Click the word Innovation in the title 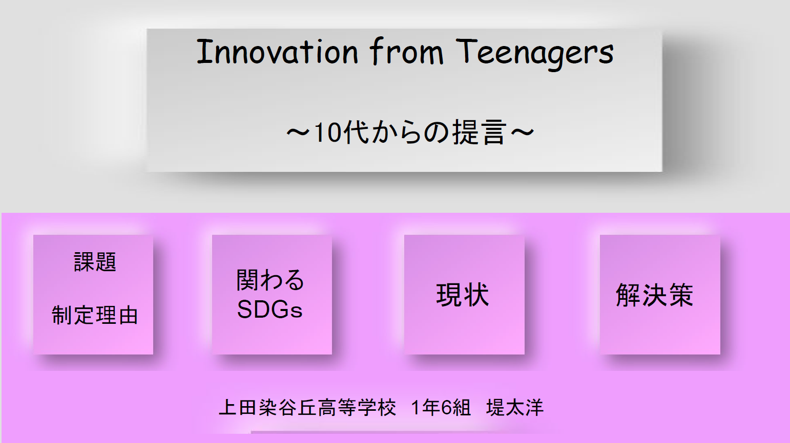[x=278, y=52]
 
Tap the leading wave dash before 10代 [x=298, y=133]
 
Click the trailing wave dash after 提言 [x=523, y=133]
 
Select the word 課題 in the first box [x=95, y=261]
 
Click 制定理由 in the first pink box [x=94, y=315]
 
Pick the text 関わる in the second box [x=271, y=280]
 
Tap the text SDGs [x=270, y=309]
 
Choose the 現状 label [x=463, y=294]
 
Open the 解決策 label [x=655, y=294]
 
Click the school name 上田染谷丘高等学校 [x=307, y=407]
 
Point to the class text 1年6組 [x=441, y=407]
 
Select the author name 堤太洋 [x=515, y=407]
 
